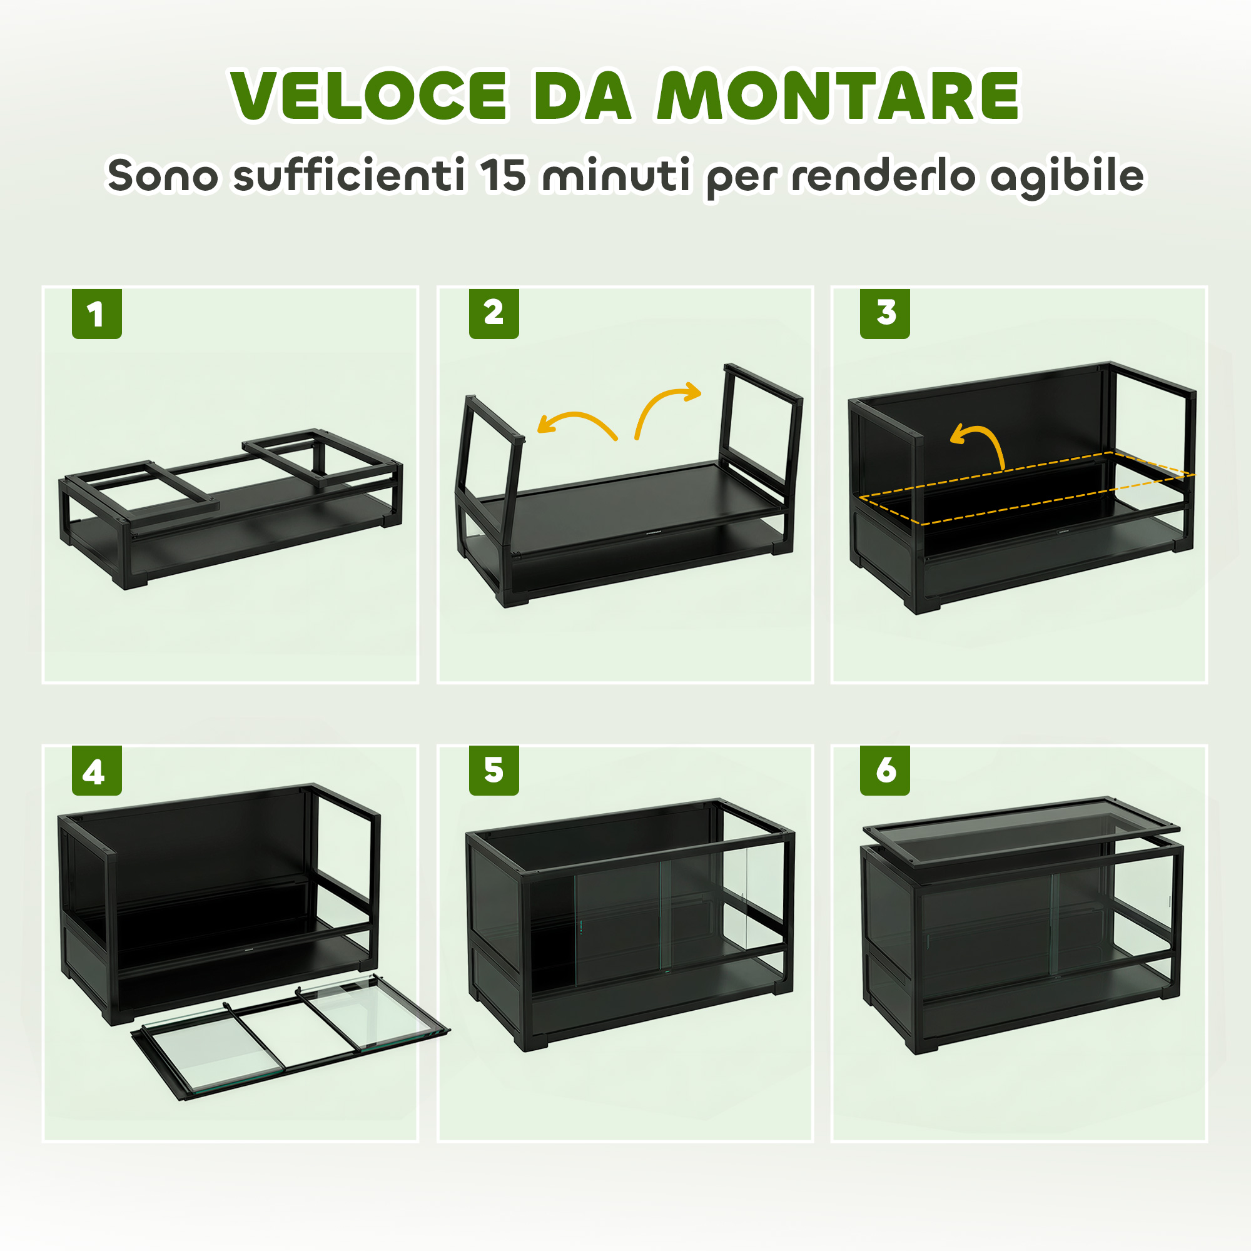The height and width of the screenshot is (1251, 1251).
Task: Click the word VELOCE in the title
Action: coord(369,95)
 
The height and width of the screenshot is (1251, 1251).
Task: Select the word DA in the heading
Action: coord(582,95)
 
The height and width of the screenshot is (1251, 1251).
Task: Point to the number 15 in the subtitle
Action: coord(503,175)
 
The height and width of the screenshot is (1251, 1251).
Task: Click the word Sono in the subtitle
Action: coord(163,175)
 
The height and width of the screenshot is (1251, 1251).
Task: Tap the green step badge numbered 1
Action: coord(97,314)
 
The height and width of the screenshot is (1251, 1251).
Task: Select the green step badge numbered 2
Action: coord(494,314)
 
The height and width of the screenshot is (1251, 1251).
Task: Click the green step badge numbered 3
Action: coord(885,314)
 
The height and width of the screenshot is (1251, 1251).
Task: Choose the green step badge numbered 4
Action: coord(97,771)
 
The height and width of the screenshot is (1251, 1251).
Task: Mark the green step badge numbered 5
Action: coord(494,771)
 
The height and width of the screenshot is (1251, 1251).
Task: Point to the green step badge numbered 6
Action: coord(885,771)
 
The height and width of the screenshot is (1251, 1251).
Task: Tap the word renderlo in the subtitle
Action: coord(883,175)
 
